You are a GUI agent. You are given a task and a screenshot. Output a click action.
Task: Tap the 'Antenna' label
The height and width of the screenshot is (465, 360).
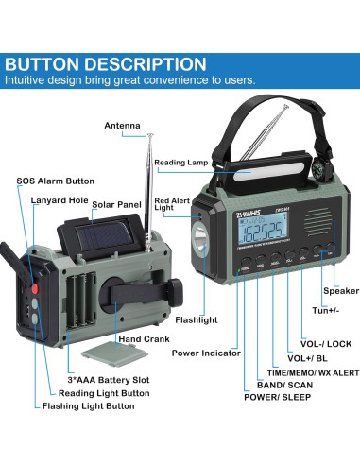(124, 125)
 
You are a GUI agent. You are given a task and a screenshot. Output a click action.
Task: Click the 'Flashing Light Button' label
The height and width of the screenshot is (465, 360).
(88, 406)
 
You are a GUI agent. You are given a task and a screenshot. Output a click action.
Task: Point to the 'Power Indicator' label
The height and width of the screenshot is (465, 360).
(204, 353)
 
